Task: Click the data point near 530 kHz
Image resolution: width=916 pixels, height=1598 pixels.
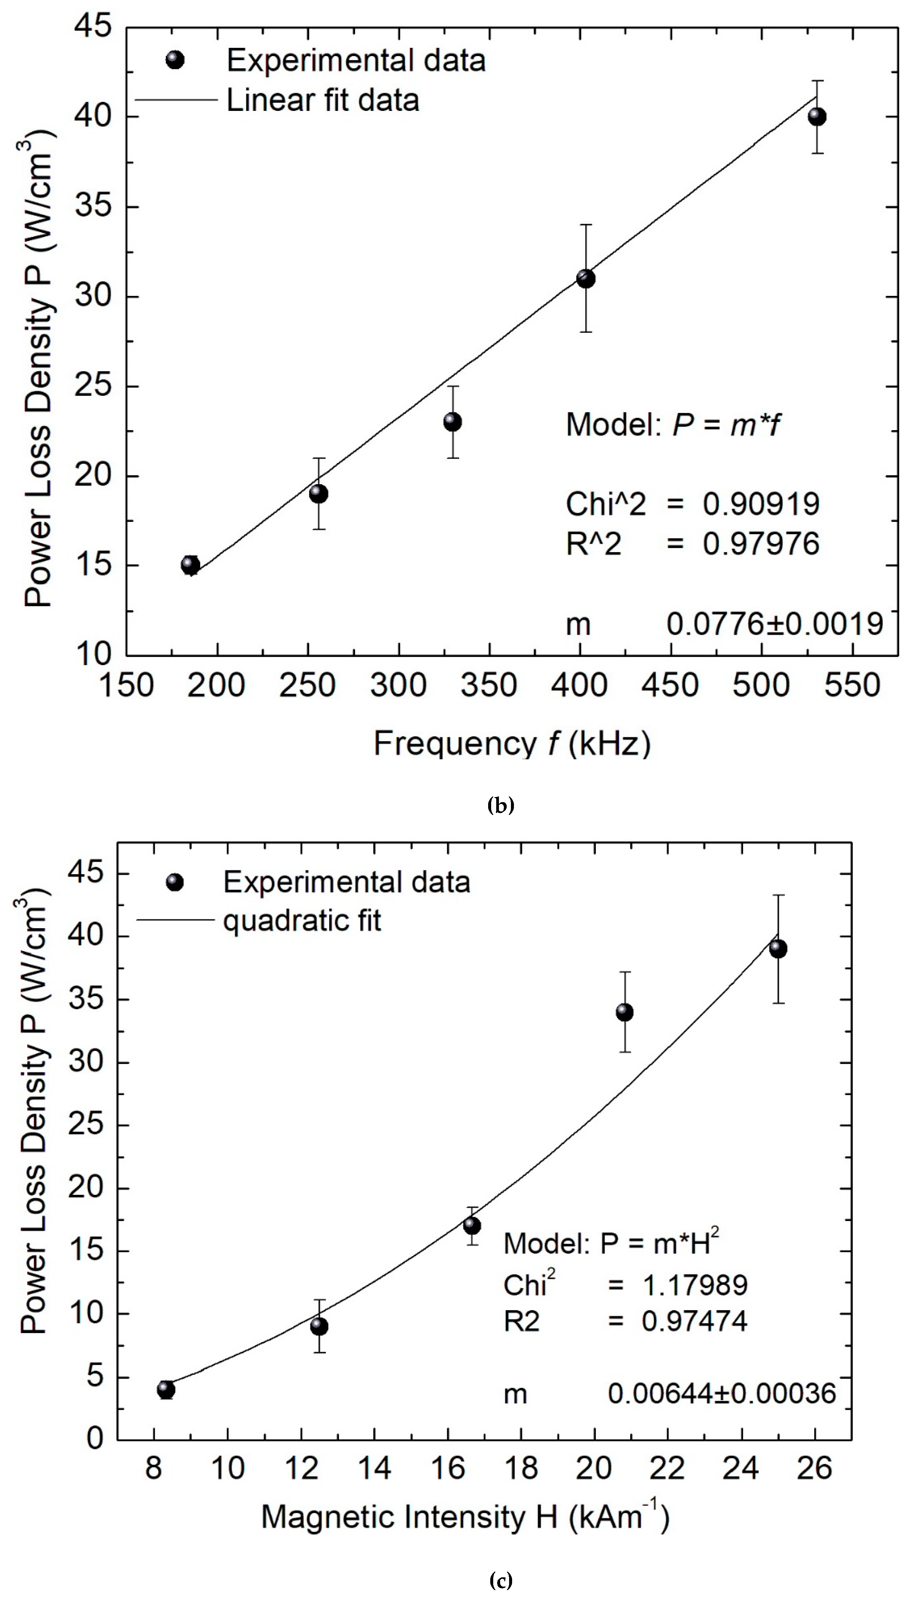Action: [816, 117]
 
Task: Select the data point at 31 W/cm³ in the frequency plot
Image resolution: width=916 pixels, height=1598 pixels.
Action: [586, 278]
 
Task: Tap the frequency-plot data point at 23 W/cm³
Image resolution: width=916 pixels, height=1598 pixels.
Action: [452, 422]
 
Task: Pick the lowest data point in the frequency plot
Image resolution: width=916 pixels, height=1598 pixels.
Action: [191, 565]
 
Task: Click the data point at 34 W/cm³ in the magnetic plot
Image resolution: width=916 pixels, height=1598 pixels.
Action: [624, 1013]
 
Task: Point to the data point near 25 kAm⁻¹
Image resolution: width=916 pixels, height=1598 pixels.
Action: [778, 949]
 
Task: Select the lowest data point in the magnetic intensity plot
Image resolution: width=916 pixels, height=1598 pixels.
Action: [166, 1390]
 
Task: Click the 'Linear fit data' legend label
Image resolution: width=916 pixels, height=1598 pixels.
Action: [323, 101]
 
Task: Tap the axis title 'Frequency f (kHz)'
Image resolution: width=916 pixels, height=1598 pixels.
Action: [512, 744]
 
